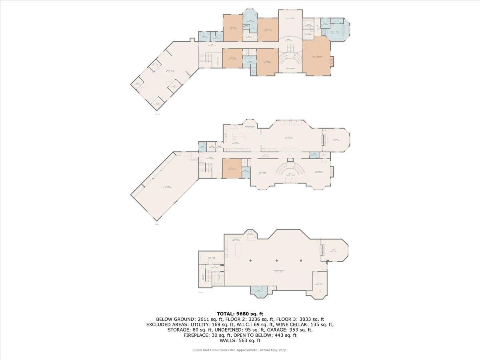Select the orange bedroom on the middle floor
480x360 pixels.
pos(232,168)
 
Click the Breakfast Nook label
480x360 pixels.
pos(250,127)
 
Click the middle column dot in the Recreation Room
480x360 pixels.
pos(275,260)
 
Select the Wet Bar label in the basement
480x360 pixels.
pos(251,234)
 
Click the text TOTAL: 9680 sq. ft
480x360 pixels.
pos(240,314)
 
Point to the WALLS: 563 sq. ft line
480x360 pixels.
pos(240,341)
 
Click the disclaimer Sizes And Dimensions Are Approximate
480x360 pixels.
pos(240,350)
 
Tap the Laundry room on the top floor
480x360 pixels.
pos(204,37)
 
